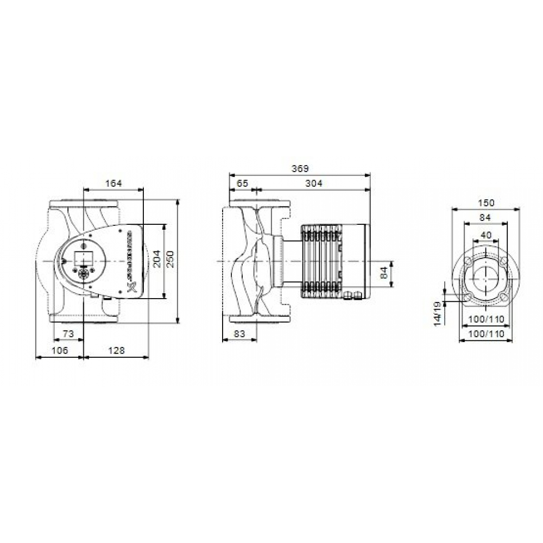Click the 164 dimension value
click(113, 184)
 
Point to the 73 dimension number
click(68, 332)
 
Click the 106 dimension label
click(60, 351)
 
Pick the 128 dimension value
click(116, 351)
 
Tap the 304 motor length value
click(313, 184)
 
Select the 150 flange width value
click(486, 203)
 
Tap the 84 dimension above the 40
click(485, 218)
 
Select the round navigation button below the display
click(84, 274)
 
